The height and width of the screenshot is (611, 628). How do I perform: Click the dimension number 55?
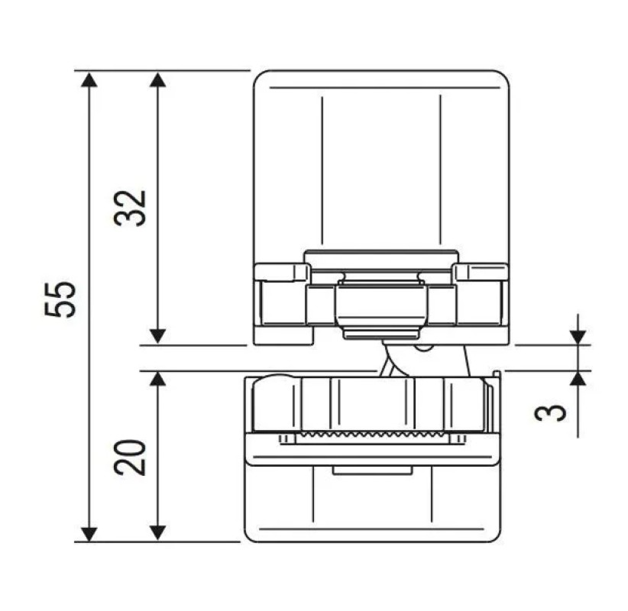[60, 299]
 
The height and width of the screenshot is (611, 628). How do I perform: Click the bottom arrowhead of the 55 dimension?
[89, 532]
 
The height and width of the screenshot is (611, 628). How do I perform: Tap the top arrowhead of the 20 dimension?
[157, 380]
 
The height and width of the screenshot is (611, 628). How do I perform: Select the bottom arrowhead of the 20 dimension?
[157, 532]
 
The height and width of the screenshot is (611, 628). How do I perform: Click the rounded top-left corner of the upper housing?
[260, 77]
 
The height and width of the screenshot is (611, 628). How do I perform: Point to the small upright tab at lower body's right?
[497, 373]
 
